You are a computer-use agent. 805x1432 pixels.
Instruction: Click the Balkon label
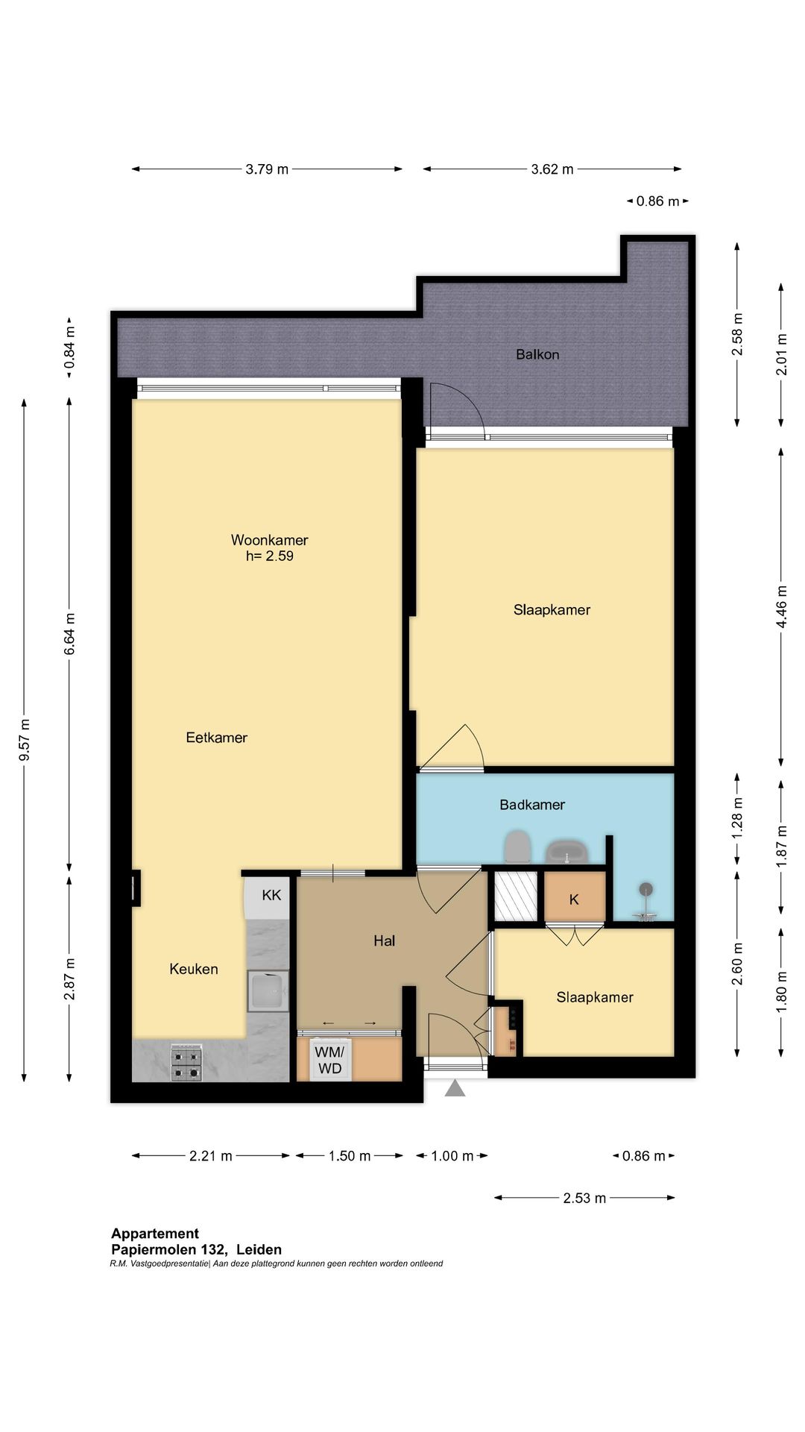(x=537, y=354)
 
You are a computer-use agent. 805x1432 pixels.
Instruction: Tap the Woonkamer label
(x=269, y=540)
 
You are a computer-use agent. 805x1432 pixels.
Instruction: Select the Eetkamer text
(x=216, y=738)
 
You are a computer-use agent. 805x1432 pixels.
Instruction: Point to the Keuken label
(x=194, y=969)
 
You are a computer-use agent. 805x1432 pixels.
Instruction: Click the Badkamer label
(x=532, y=805)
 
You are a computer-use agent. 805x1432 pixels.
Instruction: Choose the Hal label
(x=384, y=941)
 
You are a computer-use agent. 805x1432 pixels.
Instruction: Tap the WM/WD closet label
(x=330, y=1061)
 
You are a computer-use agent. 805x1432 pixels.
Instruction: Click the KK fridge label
(x=271, y=894)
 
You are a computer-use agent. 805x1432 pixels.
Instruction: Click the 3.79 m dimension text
(x=267, y=169)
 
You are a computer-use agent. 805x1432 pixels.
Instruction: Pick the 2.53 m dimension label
(x=584, y=1198)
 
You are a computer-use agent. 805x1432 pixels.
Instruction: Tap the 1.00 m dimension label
(x=452, y=1156)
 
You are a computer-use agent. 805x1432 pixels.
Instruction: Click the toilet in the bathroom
(x=517, y=848)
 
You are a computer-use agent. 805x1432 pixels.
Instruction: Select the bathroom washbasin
(x=567, y=852)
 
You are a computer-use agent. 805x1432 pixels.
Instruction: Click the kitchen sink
(x=268, y=991)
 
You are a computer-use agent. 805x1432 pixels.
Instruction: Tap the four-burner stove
(x=186, y=1064)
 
